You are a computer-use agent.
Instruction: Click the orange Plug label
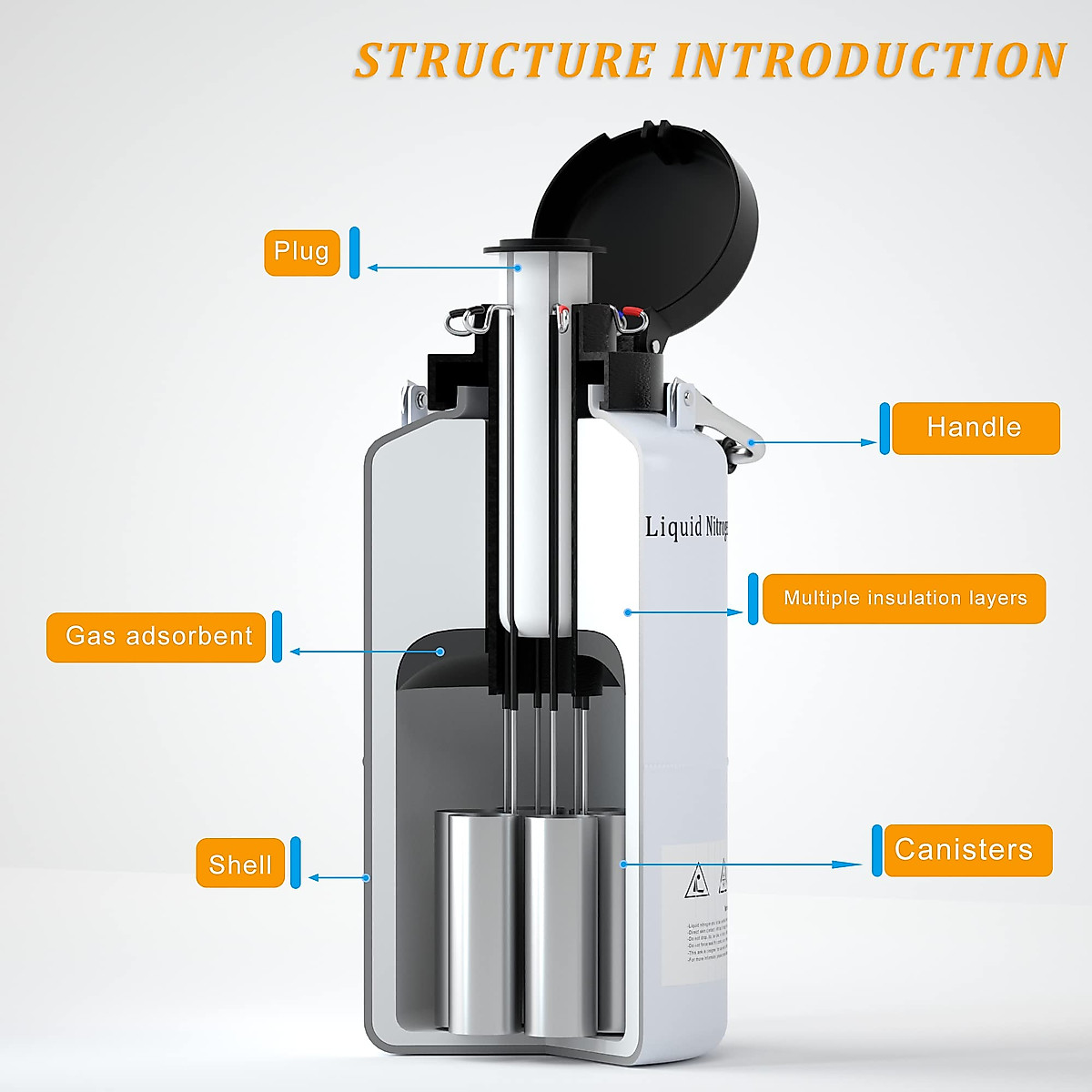tap(301, 251)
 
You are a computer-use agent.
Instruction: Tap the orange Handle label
tap(975, 428)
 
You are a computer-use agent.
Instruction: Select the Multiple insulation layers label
tap(904, 599)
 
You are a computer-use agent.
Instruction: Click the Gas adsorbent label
tap(157, 636)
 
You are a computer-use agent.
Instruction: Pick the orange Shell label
tap(240, 864)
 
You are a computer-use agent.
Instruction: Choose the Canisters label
tap(963, 850)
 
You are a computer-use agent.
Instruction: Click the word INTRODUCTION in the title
tap(869, 60)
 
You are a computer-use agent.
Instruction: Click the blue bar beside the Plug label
tap(355, 252)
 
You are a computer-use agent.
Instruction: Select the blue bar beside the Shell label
tap(295, 862)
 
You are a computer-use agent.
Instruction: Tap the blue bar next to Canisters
tap(877, 850)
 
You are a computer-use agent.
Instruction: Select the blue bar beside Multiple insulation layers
tap(753, 599)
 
